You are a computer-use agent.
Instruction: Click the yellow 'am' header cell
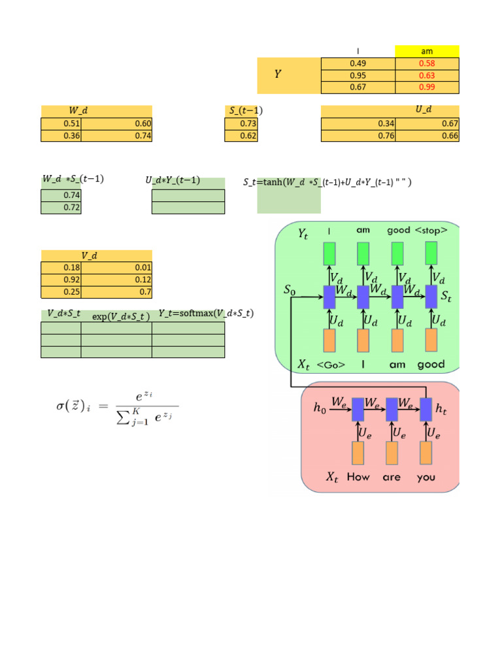(x=427, y=52)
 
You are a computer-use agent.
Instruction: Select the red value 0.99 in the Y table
(x=427, y=88)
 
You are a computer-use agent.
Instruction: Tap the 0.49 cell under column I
(x=358, y=64)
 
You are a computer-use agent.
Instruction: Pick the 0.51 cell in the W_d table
(x=61, y=123)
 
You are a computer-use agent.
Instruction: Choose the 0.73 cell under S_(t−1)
(x=241, y=123)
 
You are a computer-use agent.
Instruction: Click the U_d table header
(x=390, y=111)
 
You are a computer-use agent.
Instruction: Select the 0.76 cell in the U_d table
(x=358, y=136)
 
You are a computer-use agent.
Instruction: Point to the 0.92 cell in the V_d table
(x=61, y=280)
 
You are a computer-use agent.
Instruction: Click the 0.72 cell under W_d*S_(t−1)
(x=61, y=207)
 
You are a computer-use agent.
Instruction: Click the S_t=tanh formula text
(x=327, y=182)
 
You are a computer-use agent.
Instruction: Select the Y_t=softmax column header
(x=206, y=314)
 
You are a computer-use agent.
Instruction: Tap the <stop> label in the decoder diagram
(x=431, y=230)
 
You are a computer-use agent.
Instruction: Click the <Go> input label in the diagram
(x=331, y=365)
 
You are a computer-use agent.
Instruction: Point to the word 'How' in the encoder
(x=358, y=477)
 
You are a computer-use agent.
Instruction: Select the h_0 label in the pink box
(x=319, y=408)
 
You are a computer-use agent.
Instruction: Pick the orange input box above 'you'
(x=426, y=453)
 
